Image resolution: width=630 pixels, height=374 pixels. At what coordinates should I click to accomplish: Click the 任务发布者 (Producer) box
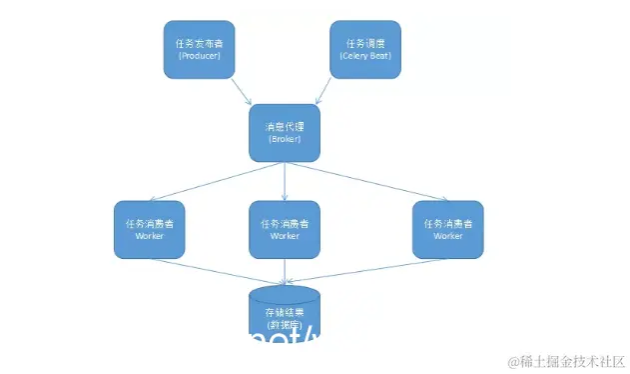(x=200, y=50)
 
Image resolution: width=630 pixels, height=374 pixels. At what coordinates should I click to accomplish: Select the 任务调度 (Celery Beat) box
(x=366, y=50)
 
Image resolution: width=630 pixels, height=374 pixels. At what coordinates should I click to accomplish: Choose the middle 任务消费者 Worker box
(x=285, y=229)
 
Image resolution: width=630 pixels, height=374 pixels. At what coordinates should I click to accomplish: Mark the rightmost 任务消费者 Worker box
(x=448, y=229)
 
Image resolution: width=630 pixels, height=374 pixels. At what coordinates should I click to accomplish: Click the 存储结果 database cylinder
(x=285, y=316)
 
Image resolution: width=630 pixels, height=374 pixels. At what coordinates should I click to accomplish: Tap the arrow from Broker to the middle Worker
(x=285, y=181)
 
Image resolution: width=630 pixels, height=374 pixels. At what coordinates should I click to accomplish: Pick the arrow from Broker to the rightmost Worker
(x=363, y=183)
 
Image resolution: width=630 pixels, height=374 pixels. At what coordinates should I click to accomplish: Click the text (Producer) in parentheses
(x=200, y=57)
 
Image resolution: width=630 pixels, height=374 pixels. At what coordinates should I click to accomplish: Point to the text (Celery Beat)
(x=366, y=57)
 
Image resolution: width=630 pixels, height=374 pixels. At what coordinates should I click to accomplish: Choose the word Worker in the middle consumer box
(x=285, y=236)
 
